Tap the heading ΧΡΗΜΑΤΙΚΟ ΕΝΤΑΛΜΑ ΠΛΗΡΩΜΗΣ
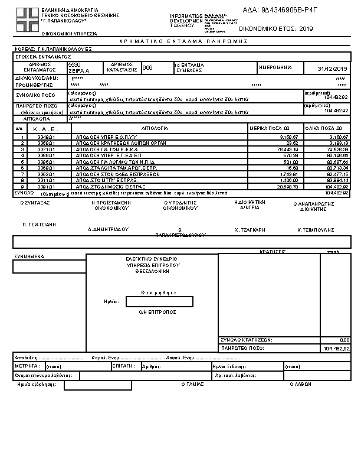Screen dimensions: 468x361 [x=179, y=42]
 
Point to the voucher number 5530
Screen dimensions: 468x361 [x=74, y=64]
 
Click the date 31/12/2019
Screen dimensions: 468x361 [x=333, y=69]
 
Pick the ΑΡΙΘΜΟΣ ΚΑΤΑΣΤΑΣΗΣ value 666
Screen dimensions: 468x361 [x=147, y=67]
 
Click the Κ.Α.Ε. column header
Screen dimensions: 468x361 [x=44, y=128]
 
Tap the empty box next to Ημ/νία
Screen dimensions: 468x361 [x=159, y=302]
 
